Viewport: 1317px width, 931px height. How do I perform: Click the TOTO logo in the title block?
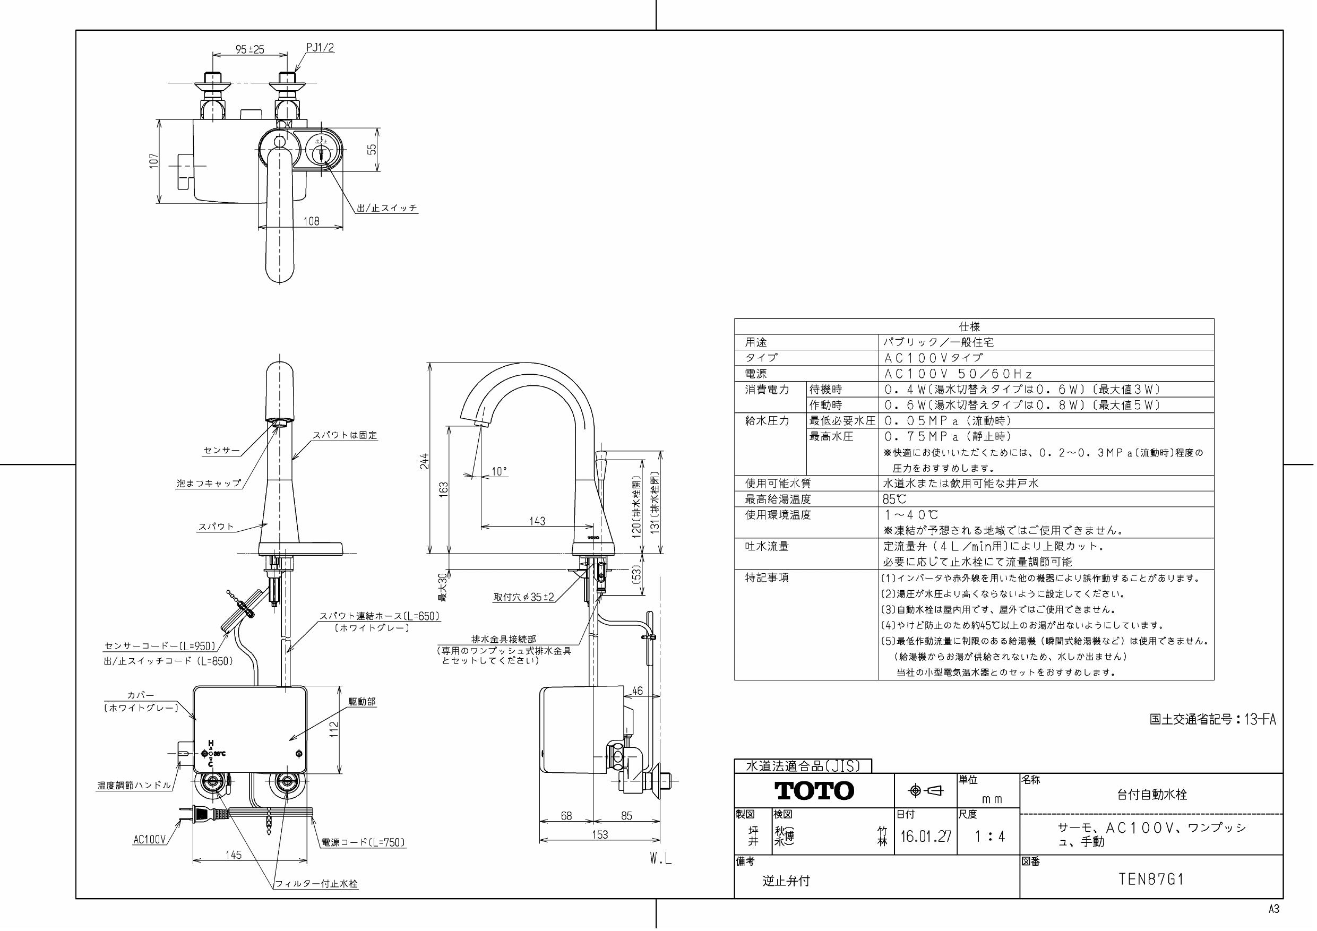click(814, 791)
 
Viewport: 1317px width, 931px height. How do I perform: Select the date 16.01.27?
click(925, 837)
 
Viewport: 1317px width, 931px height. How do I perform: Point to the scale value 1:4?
click(990, 837)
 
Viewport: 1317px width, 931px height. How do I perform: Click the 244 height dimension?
click(425, 461)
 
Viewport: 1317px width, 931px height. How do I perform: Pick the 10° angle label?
click(499, 471)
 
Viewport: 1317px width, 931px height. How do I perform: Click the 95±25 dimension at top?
click(249, 49)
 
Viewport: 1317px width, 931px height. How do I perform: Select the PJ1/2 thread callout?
click(320, 48)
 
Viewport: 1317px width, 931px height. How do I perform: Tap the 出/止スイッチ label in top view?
click(387, 208)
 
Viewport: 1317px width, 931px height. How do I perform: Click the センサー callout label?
click(221, 450)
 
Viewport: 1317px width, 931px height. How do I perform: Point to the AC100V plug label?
click(149, 839)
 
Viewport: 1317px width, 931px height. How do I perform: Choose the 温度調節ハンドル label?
click(134, 785)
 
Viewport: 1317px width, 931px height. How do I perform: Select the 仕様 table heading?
click(969, 326)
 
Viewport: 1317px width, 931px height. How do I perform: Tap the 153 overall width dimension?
click(599, 834)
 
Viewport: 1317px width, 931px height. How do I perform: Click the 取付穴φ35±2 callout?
click(524, 597)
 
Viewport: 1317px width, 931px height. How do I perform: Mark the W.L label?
click(660, 859)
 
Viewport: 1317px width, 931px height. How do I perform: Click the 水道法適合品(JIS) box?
click(803, 766)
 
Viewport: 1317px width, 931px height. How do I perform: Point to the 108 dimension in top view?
click(312, 221)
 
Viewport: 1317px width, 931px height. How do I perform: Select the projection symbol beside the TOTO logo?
click(926, 791)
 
